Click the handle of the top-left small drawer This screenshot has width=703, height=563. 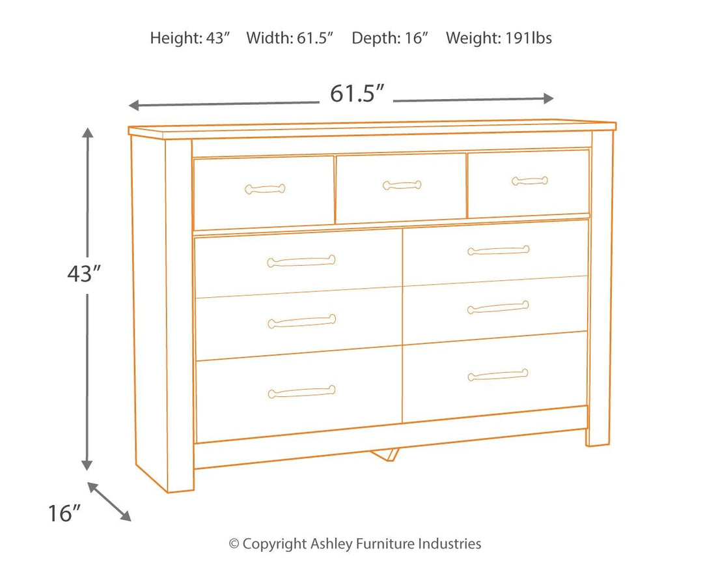pyautogui.click(x=265, y=189)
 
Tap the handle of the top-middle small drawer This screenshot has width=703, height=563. pyautogui.click(x=402, y=185)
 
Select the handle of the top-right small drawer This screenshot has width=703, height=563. pyautogui.click(x=529, y=180)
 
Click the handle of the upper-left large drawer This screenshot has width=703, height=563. pyautogui.click(x=301, y=261)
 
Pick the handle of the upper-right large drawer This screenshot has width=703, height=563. pyautogui.click(x=498, y=250)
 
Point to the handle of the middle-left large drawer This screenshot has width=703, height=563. pyautogui.click(x=301, y=321)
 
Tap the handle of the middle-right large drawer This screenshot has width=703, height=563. pyautogui.click(x=498, y=307)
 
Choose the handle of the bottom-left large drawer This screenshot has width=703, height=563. pyautogui.click(x=301, y=392)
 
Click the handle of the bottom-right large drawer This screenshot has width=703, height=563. pyautogui.click(x=498, y=375)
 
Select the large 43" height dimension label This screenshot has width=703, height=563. pyautogui.click(x=85, y=275)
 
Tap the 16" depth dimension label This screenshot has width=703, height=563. pyautogui.click(x=64, y=513)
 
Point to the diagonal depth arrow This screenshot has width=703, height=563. pyautogui.click(x=109, y=501)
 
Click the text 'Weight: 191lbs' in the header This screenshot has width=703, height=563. pyautogui.click(x=499, y=38)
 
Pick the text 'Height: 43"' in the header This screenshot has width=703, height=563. pyautogui.click(x=190, y=38)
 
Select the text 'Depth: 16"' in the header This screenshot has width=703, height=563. pyautogui.click(x=390, y=38)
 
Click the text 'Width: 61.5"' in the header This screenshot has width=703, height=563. pyautogui.click(x=290, y=38)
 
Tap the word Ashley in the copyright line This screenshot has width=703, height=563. pyautogui.click(x=332, y=543)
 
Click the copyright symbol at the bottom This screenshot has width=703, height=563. pyautogui.click(x=234, y=544)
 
